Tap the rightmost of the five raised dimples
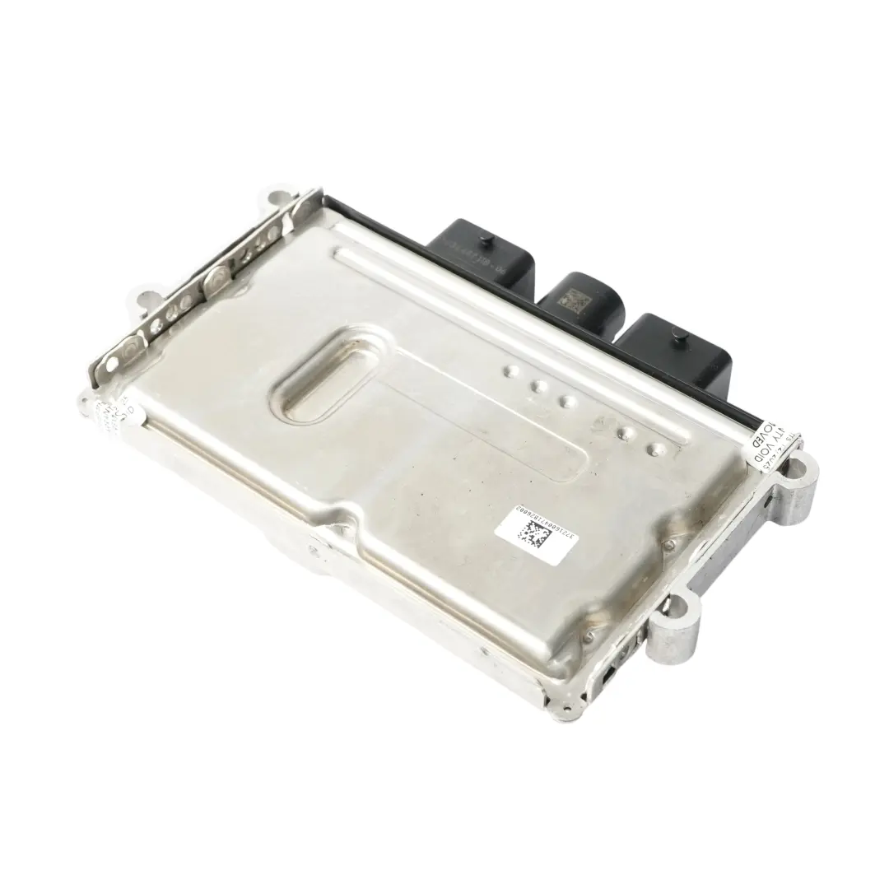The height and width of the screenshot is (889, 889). [657, 449]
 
